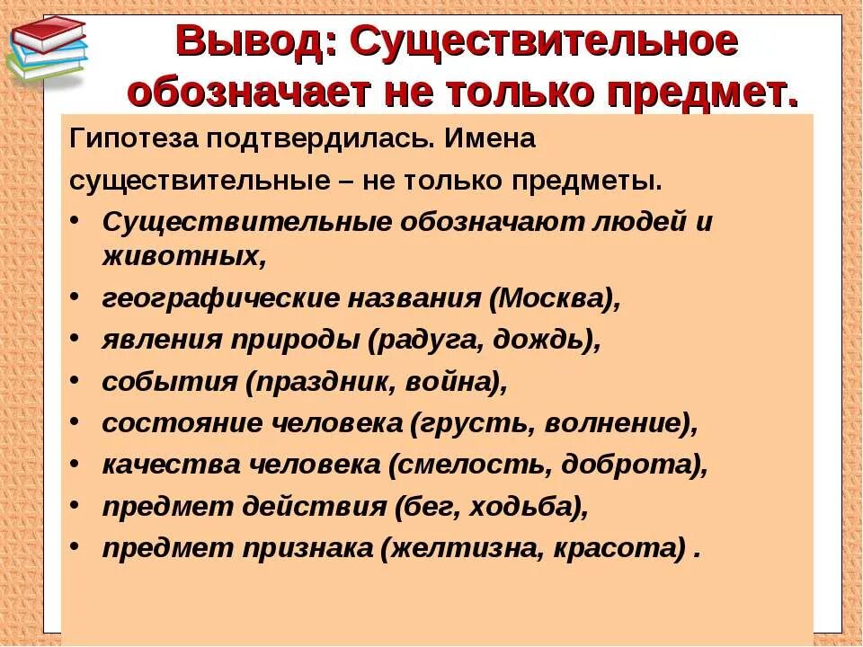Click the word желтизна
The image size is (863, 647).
[x=459, y=548]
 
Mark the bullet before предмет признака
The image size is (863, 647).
[x=75, y=548]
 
